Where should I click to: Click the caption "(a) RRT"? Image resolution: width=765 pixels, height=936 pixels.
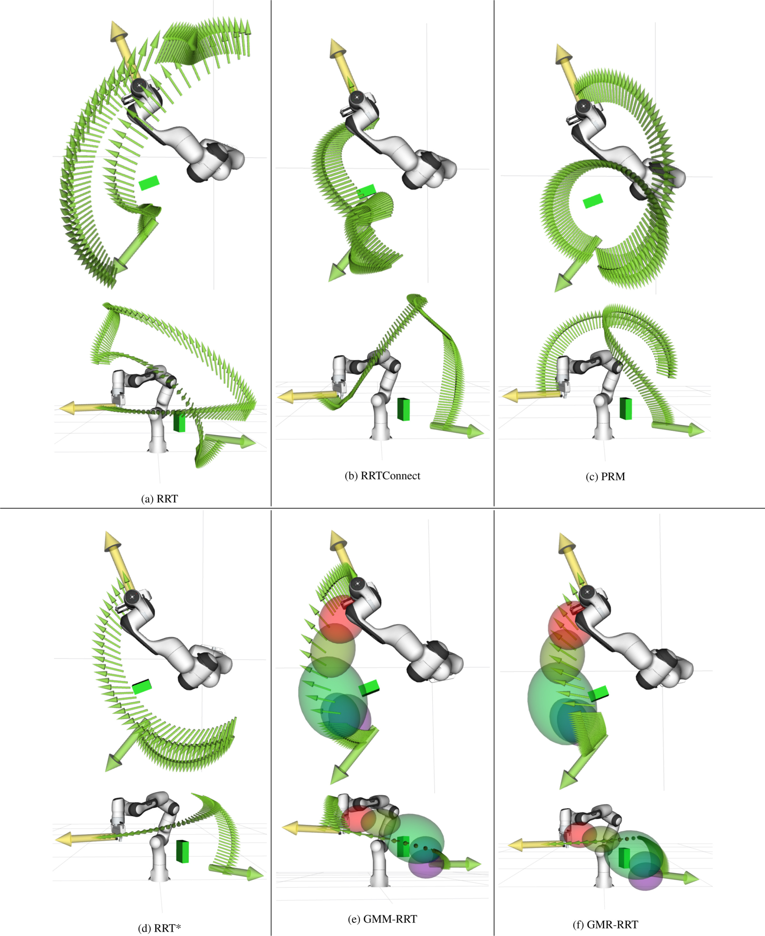pyautogui.click(x=160, y=499)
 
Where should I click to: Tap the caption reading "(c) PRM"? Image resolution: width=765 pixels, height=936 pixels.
pyautogui.click(x=605, y=477)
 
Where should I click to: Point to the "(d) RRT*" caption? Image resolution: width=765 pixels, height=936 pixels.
pyautogui.click(x=160, y=928)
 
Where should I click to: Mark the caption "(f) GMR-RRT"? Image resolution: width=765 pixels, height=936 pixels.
pyautogui.click(x=605, y=924)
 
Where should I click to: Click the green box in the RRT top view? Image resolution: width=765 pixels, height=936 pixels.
pyautogui.click(x=149, y=183)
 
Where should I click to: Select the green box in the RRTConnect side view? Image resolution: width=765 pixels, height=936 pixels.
pyautogui.click(x=404, y=409)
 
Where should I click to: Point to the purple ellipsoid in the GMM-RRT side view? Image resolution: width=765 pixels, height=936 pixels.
pyautogui.click(x=426, y=865)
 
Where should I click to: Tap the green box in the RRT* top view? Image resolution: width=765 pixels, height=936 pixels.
pyautogui.click(x=142, y=686)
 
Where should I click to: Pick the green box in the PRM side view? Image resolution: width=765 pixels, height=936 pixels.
pyautogui.click(x=626, y=408)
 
